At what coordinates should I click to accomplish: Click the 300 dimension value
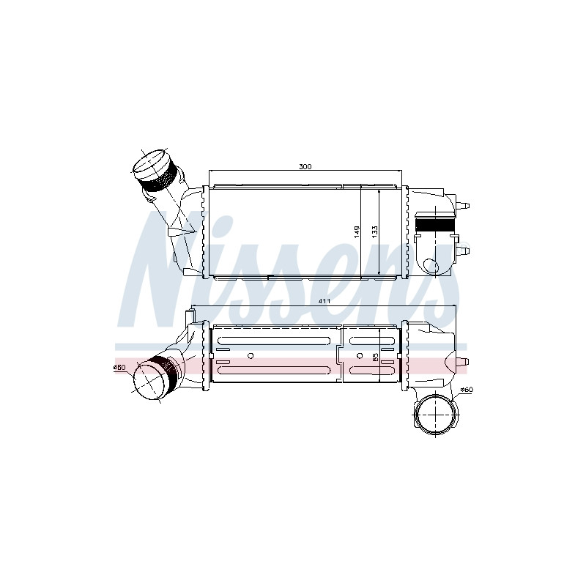305,167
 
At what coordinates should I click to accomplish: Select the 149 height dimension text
357,232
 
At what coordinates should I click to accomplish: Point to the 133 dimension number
375,230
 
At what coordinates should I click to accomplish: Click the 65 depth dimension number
376,356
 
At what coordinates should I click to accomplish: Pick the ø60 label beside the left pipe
119,368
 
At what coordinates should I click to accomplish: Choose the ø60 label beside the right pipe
467,390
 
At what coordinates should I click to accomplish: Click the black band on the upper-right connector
435,224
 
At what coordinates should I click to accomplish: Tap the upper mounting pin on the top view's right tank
464,205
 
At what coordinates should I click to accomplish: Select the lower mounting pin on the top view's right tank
464,251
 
